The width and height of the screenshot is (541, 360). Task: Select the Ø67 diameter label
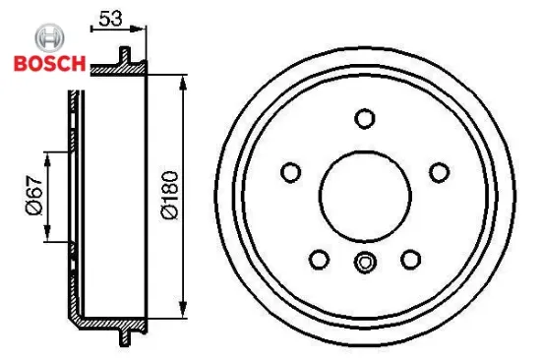[x=32, y=196]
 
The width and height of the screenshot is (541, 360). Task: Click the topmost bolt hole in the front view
[x=365, y=119]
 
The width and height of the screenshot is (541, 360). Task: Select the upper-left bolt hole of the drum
[x=290, y=172]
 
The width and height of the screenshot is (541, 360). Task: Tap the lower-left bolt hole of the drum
[x=319, y=259]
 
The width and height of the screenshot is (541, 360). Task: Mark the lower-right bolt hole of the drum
[x=410, y=259]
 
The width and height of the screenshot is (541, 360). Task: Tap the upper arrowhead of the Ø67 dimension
[x=49, y=156]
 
